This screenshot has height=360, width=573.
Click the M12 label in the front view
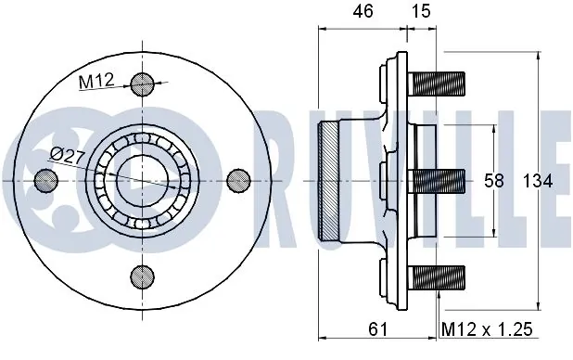[x=96, y=81]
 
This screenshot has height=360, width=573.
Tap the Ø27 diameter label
[x=68, y=157]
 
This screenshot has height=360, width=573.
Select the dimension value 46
[x=363, y=11]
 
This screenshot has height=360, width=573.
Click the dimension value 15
[x=421, y=11]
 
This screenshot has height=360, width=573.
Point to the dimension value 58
[x=493, y=181]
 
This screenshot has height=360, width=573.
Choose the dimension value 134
[x=537, y=181]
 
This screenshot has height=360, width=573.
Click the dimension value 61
[x=377, y=329]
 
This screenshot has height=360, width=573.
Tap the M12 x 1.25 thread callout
[x=487, y=329]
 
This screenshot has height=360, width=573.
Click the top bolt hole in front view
[x=142, y=84]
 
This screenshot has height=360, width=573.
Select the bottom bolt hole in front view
[x=142, y=276]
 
